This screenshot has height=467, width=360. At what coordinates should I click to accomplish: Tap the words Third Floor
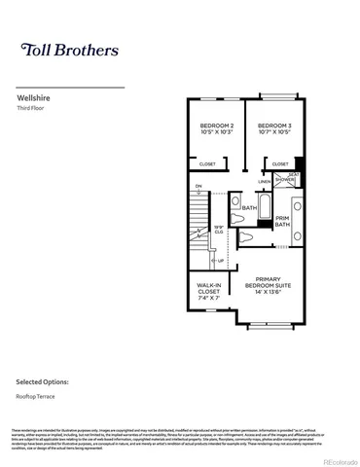tap(32, 109)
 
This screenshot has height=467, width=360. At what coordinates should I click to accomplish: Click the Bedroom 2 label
tap(217, 126)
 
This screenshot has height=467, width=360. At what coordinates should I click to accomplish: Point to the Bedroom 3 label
tap(274, 126)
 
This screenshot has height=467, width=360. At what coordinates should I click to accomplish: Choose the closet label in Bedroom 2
tap(208, 164)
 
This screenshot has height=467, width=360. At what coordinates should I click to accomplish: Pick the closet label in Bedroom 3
tap(280, 164)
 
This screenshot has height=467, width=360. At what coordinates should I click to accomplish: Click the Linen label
tap(265, 181)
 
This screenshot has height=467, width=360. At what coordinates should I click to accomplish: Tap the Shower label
tap(285, 180)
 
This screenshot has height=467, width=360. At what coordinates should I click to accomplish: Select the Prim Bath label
tap(282, 222)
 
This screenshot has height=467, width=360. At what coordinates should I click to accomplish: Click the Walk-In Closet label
tap(209, 289)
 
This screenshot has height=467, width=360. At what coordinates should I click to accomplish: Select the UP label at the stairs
tap(219, 261)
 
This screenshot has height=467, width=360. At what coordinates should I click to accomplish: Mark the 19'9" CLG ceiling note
tap(219, 231)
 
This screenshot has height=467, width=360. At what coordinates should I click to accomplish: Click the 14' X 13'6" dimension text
tap(262, 291)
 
